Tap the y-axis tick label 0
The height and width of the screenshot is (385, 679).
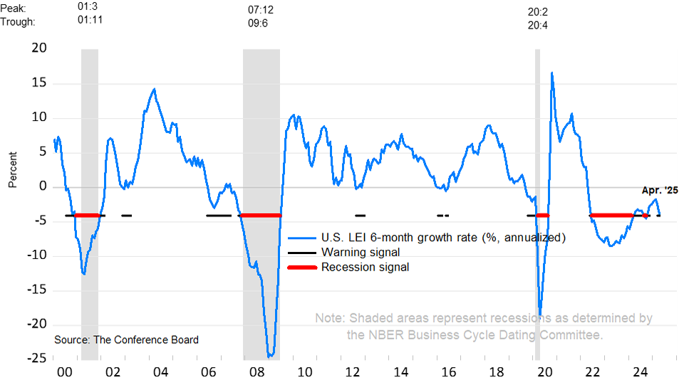click(42, 186)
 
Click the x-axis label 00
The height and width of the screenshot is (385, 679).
click(63, 372)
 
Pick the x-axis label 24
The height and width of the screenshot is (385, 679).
click(641, 372)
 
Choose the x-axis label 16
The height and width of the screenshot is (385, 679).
click(449, 372)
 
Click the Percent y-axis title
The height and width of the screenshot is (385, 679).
click(13, 169)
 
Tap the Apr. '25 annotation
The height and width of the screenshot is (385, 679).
click(660, 190)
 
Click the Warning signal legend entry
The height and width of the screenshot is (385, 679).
click(361, 252)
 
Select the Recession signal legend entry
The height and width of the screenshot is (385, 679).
click(366, 267)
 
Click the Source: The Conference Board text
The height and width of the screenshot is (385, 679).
click(126, 339)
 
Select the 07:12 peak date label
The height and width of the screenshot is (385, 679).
click(261, 9)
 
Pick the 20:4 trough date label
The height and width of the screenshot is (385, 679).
click(537, 25)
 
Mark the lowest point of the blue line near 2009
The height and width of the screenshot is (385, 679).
click(269, 357)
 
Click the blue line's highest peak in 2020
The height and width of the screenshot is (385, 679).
click(551, 73)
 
